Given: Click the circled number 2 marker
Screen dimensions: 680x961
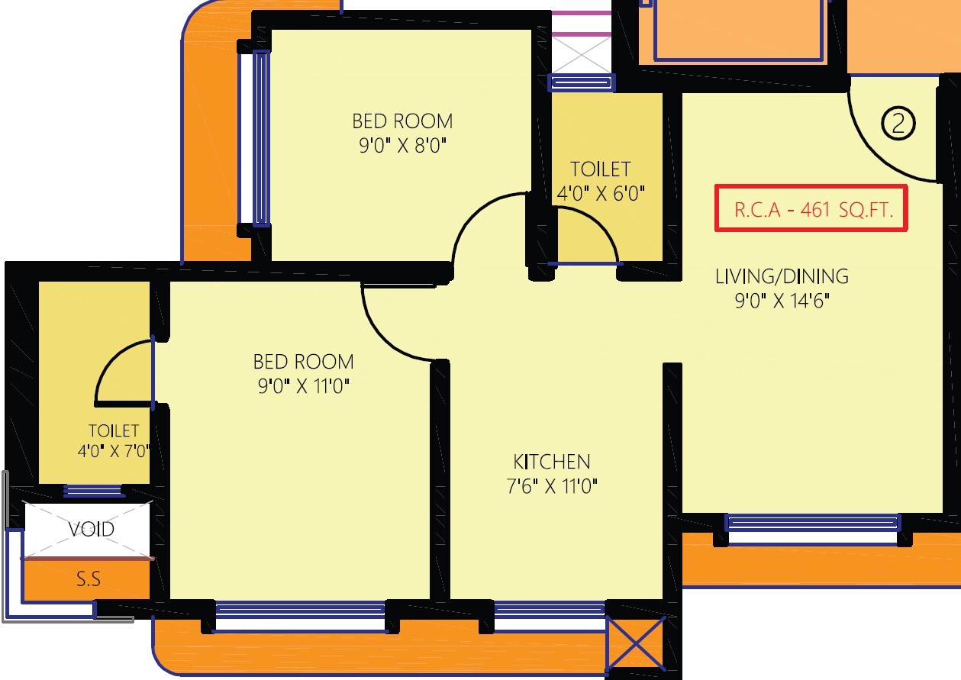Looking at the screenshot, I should [898, 123].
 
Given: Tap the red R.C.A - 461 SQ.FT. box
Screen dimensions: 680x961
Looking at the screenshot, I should [811, 208].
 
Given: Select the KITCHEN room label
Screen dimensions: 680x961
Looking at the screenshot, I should [551, 462].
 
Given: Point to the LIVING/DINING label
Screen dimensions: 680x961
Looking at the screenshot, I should [782, 276].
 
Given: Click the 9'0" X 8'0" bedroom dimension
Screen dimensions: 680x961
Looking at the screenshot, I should [402, 146].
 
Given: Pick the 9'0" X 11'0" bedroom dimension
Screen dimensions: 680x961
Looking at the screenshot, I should [304, 386].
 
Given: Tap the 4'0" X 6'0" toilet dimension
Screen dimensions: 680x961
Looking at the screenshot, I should [601, 193].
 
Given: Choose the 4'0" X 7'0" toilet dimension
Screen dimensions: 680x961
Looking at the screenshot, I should [114, 451].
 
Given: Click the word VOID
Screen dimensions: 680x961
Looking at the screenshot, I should [92, 529].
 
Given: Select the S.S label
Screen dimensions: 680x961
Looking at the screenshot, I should [89, 579].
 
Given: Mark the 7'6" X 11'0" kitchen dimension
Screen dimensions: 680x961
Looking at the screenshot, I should [551, 486].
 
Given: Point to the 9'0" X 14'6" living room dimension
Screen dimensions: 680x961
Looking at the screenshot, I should [782, 301].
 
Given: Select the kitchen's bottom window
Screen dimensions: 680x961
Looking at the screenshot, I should [550, 610].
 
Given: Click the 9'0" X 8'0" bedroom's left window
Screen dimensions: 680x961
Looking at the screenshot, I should [261, 137].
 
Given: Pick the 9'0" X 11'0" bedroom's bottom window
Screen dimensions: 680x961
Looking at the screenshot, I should [300, 610].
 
